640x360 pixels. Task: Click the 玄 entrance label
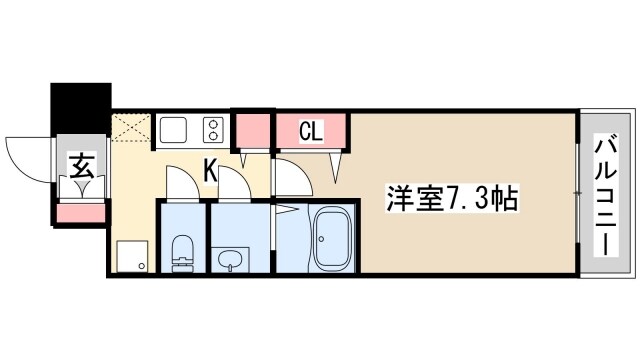tap(80, 163)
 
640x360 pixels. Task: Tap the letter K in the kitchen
tap(211, 170)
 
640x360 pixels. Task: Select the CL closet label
tap(312, 131)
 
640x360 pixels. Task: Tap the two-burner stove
tap(213, 130)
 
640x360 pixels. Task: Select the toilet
tap(183, 254)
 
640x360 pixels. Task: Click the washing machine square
tap(132, 257)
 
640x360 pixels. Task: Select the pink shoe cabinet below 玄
tap(80, 211)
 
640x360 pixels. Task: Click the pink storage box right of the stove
tap(252, 129)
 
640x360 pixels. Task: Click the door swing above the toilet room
tap(182, 184)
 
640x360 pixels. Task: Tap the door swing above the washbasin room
tap(233, 185)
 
